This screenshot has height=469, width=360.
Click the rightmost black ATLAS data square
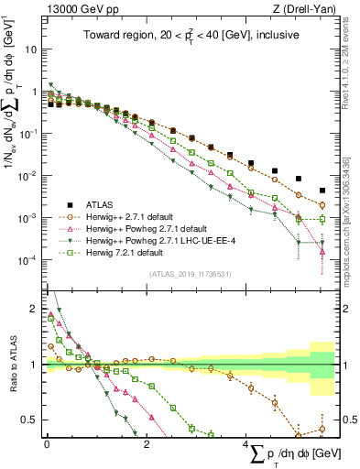point(322,191)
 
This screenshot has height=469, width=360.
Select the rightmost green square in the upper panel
point(322,219)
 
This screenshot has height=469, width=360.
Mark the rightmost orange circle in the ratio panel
point(322,429)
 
